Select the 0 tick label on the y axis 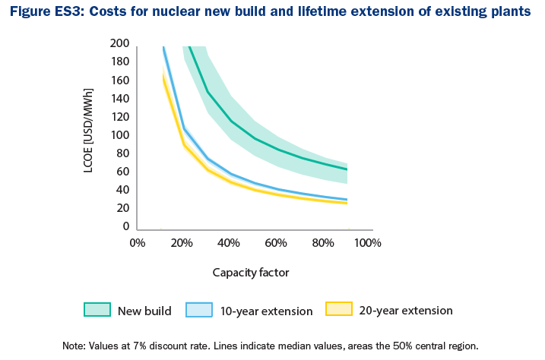click(126, 226)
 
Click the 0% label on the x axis click(137, 243)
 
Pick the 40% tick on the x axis click(229, 243)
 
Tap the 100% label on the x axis click(367, 243)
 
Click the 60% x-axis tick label click(275, 243)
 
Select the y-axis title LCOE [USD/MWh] click(89, 135)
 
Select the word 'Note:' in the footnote click(75, 346)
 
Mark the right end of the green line click(347, 169)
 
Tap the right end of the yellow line click(347, 204)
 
